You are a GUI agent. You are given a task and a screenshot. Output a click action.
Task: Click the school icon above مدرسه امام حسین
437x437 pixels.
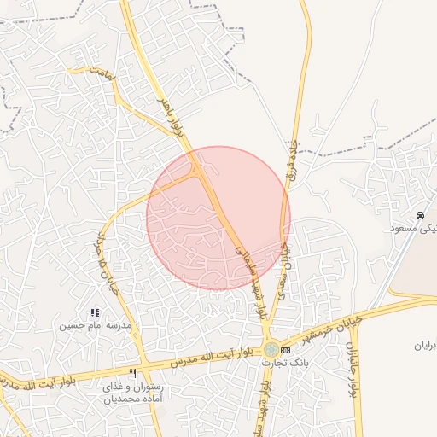tap(94, 313)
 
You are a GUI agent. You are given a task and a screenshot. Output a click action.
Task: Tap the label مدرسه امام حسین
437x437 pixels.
tap(95, 326)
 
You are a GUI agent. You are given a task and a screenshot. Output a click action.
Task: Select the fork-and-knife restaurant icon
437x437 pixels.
tap(132, 374)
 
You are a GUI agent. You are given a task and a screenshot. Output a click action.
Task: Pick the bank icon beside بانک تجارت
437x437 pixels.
tap(285, 351)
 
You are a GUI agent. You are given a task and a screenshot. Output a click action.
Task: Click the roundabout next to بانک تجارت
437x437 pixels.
tap(271, 349)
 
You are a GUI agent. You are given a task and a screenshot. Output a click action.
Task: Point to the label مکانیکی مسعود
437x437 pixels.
tap(413, 228)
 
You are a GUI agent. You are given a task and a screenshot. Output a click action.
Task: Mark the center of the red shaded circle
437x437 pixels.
tap(218, 218)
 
